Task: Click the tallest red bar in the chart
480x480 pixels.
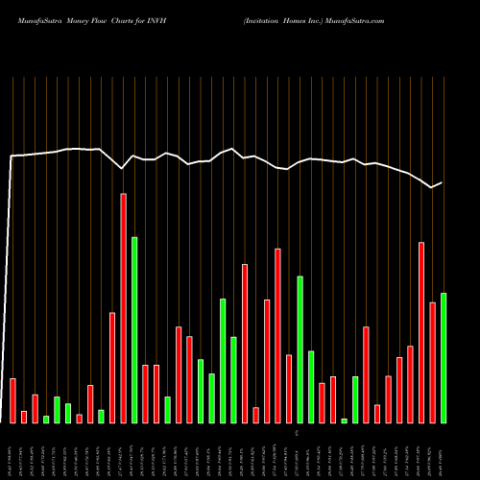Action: (x=123, y=307)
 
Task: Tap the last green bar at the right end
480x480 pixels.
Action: (x=444, y=357)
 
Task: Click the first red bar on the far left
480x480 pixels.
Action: (x=12, y=400)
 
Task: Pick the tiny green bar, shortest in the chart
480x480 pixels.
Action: (x=345, y=420)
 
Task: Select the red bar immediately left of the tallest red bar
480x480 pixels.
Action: (x=112, y=367)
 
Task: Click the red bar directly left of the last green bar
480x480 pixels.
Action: (x=432, y=362)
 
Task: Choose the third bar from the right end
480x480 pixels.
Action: (x=421, y=332)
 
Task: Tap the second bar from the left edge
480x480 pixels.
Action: (x=24, y=417)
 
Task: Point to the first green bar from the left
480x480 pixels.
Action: (x=46, y=419)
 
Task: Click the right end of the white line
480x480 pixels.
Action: (x=442, y=182)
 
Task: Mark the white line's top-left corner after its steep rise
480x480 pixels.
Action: (x=12, y=156)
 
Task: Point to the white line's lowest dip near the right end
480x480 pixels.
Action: (x=431, y=187)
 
